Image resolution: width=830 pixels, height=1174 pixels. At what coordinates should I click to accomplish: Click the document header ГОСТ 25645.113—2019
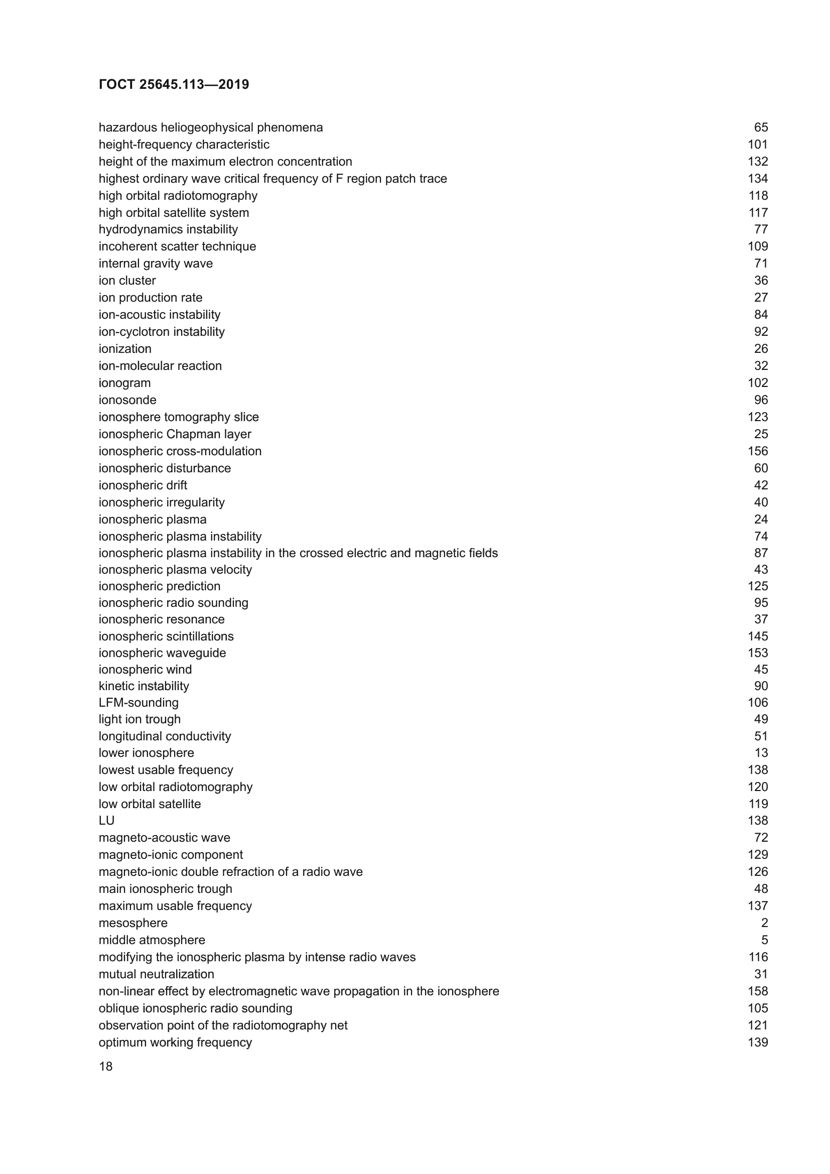[x=174, y=84]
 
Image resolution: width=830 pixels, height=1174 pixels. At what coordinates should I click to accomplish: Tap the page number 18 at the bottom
[x=105, y=1066]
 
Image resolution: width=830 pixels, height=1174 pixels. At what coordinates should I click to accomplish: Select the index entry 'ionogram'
[x=125, y=383]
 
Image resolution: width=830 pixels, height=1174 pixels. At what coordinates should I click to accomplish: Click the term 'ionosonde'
[x=127, y=400]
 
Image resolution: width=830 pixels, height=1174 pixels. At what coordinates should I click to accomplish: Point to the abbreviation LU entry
[x=106, y=820]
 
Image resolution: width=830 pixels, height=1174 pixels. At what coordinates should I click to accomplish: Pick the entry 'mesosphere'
[x=133, y=923]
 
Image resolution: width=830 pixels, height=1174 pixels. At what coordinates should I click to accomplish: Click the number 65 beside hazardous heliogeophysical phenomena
[x=760, y=127]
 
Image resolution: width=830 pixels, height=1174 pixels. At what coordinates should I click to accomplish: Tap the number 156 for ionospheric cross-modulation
[x=757, y=451]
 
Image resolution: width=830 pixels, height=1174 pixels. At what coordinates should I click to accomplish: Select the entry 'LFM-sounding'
[x=139, y=703]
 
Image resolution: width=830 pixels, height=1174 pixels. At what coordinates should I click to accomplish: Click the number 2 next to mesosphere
[x=764, y=923]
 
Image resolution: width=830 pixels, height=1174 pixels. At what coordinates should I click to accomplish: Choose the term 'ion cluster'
[x=127, y=281]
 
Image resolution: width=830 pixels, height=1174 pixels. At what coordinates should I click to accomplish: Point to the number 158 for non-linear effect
[x=757, y=991]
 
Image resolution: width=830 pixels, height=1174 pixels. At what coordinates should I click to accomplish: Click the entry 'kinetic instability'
[x=144, y=686]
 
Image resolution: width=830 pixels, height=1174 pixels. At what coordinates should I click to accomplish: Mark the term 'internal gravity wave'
[x=156, y=264]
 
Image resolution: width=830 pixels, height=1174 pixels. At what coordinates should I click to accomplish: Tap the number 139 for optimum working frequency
[x=757, y=1042]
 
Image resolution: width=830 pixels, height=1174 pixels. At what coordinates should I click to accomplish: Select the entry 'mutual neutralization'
[x=156, y=974]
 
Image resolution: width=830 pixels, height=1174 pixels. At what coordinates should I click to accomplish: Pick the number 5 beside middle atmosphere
[x=764, y=940]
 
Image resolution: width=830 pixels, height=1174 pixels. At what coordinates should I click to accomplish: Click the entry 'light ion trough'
[x=140, y=719]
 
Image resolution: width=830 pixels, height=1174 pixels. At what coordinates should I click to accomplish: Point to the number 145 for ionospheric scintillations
[x=757, y=636]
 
